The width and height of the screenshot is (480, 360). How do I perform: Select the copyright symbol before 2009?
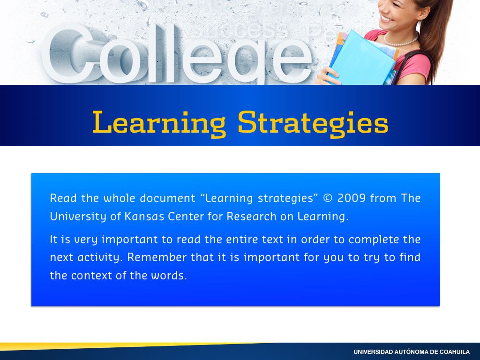[328, 198]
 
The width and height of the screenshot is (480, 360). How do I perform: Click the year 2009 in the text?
[352, 198]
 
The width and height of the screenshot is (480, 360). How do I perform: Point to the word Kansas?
[144, 217]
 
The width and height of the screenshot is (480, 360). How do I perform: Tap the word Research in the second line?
[251, 217]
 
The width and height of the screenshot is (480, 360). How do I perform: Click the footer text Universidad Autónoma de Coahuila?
[412, 352]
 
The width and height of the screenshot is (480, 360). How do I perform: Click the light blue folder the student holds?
[363, 58]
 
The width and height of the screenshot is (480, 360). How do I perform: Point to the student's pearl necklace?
[402, 41]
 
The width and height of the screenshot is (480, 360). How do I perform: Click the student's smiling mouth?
[387, 19]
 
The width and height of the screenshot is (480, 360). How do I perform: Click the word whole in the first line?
[120, 198]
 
